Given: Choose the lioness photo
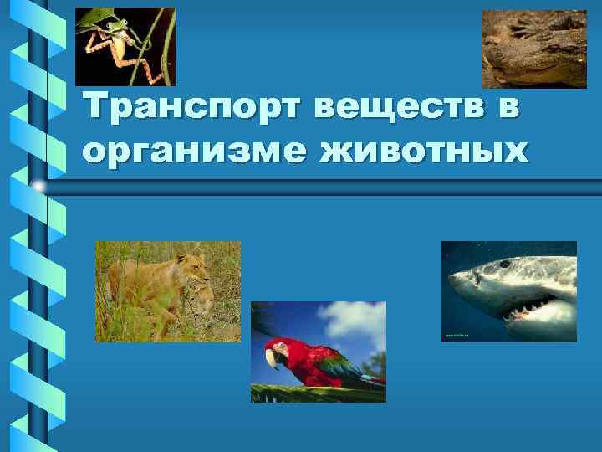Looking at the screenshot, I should click(167, 290).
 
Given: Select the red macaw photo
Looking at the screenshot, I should click(319, 352).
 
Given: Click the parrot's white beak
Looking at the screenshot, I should click(272, 358).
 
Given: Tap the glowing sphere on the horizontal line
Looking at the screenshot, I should click(38, 184).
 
